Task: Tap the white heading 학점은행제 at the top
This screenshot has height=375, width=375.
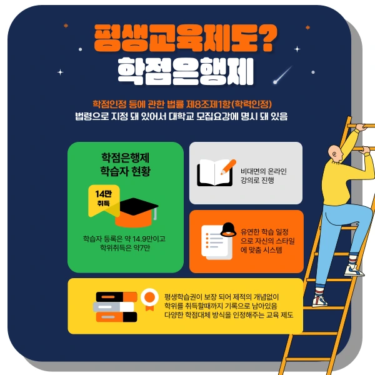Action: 186,72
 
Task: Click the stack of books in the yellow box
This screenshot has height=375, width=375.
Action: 116,307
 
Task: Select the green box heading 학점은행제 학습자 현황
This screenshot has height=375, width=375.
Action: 125,164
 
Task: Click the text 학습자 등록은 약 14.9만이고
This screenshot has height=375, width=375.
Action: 125,239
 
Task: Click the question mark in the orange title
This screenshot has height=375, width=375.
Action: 265,40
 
